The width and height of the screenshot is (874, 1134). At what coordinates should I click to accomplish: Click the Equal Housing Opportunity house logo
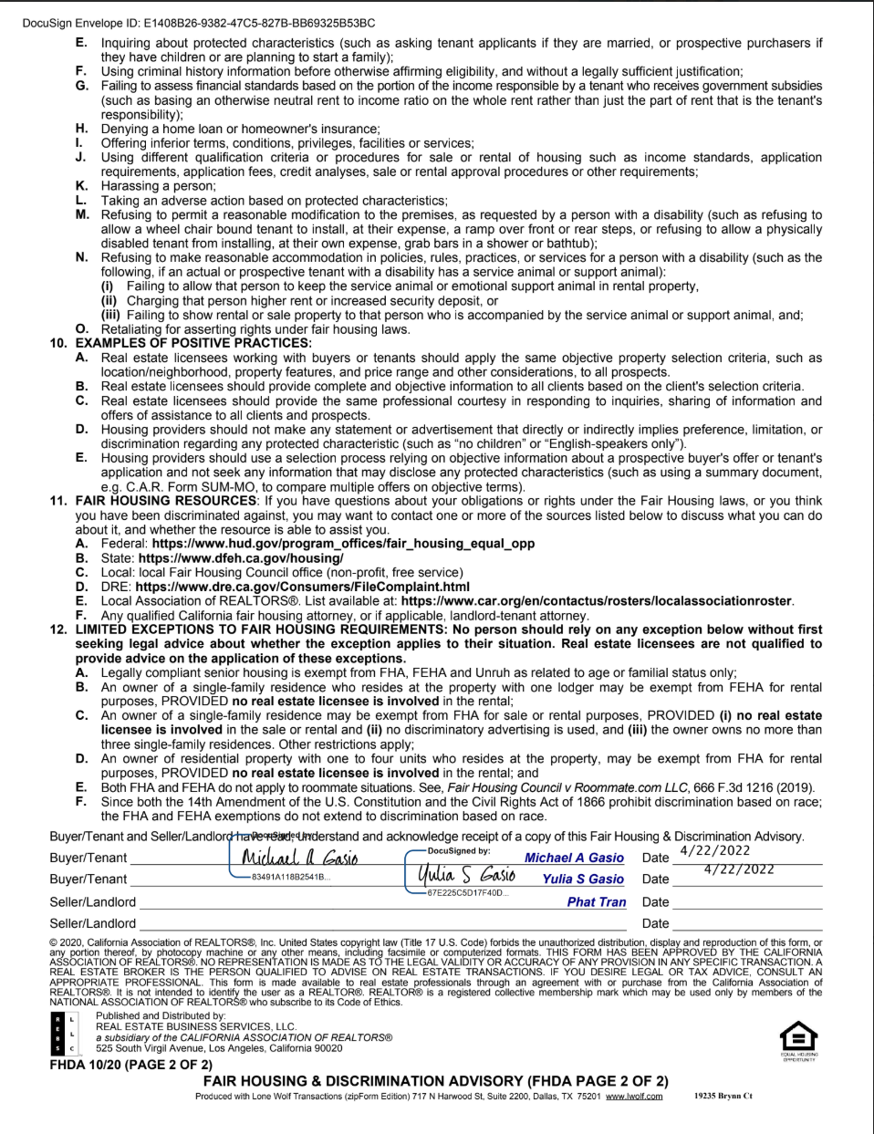(x=799, y=1036)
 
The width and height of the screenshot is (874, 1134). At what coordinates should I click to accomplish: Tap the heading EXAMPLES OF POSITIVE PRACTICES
(x=193, y=344)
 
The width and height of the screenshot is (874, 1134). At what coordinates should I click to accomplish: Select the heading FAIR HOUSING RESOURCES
(x=166, y=501)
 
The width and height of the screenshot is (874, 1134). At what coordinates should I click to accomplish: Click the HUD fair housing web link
(x=343, y=544)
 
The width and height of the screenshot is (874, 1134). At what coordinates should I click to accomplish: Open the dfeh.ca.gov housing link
(x=241, y=558)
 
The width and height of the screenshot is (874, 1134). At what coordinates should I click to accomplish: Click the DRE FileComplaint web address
(x=302, y=587)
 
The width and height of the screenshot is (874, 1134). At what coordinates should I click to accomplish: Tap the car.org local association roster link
(x=597, y=601)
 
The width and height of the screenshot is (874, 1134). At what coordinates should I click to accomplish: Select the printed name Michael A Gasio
(x=574, y=858)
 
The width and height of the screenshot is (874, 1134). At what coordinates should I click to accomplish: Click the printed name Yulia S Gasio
(x=583, y=879)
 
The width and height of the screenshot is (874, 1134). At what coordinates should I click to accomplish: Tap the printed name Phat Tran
(x=597, y=902)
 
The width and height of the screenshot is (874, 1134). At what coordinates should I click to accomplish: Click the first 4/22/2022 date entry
(x=715, y=851)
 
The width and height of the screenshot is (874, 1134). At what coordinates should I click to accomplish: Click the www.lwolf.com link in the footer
(x=634, y=1097)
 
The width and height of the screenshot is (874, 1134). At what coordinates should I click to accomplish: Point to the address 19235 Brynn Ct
(x=723, y=1096)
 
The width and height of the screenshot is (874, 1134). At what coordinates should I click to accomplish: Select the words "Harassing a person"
(x=158, y=186)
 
